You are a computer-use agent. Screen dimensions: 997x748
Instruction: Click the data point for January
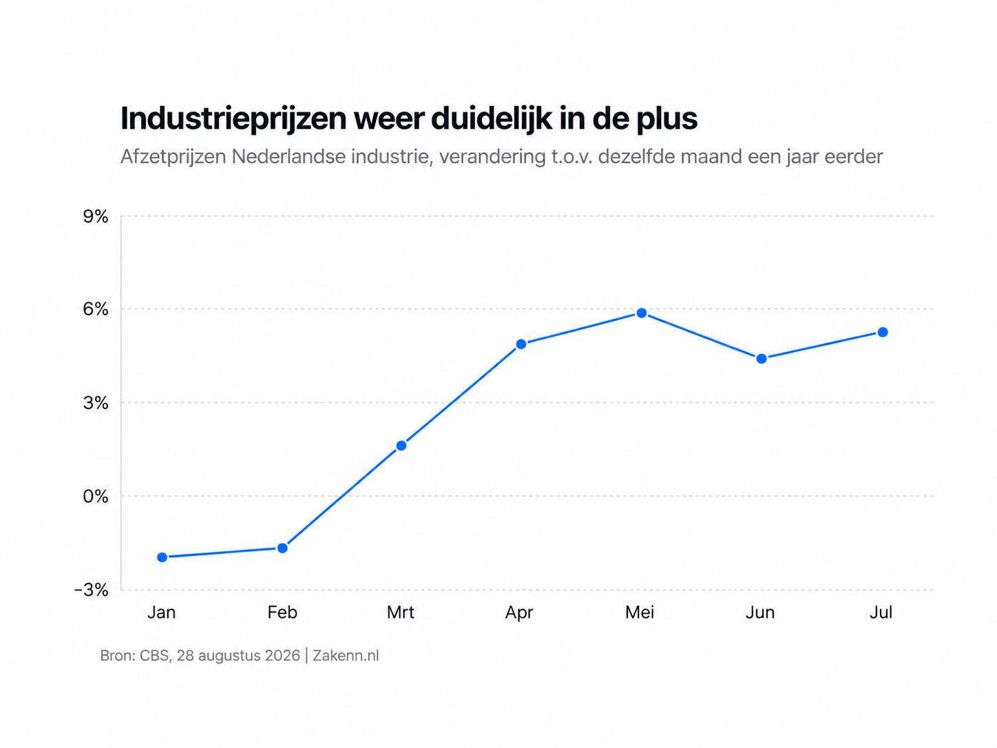pyautogui.click(x=162, y=557)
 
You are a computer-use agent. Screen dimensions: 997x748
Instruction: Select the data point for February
pyautogui.click(x=282, y=548)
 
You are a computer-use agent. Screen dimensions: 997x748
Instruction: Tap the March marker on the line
pyautogui.click(x=401, y=446)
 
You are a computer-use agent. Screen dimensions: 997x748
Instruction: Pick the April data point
pyautogui.click(x=521, y=344)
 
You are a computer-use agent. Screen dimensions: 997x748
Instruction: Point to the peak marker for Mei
pyautogui.click(x=642, y=313)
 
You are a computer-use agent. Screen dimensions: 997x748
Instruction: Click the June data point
pyautogui.click(x=762, y=359)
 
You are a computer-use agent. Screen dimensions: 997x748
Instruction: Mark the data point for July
pyautogui.click(x=883, y=333)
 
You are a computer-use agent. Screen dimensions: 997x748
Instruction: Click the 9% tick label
pyautogui.click(x=96, y=217)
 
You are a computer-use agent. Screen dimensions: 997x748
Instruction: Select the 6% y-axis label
pyautogui.click(x=96, y=309)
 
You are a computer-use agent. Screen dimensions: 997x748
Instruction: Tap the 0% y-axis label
pyautogui.click(x=96, y=497)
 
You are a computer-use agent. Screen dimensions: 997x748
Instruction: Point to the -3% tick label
pyautogui.click(x=92, y=590)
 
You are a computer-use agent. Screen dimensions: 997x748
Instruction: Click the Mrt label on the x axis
pyautogui.click(x=401, y=612)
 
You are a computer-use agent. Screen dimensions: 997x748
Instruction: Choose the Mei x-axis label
pyautogui.click(x=640, y=612)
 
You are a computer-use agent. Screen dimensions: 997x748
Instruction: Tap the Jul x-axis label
pyautogui.click(x=881, y=612)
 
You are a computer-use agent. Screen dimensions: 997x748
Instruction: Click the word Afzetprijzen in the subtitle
pyautogui.click(x=173, y=157)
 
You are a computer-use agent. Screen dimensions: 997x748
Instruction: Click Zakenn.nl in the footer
pyautogui.click(x=346, y=656)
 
